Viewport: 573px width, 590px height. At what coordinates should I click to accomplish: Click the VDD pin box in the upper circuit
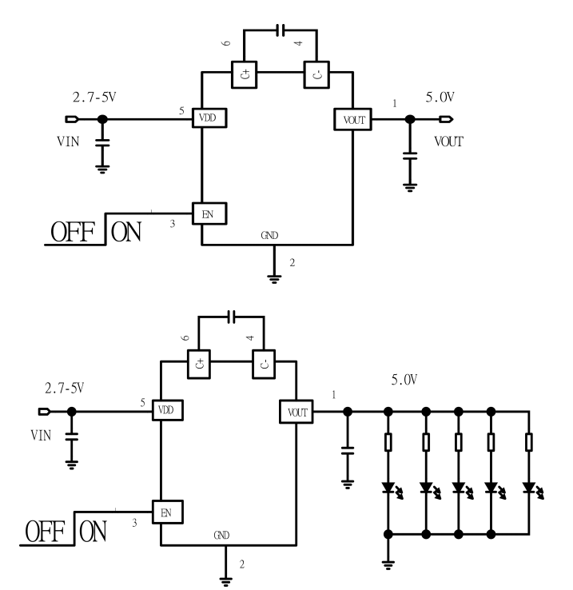208,119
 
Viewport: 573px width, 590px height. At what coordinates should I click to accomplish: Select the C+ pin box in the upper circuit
243,76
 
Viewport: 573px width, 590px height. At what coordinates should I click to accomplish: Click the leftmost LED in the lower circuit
388,486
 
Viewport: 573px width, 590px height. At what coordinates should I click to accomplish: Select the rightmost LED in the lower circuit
528,486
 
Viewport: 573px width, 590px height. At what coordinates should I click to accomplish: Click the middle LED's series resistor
459,441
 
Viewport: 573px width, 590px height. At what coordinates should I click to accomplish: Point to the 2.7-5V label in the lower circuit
64,389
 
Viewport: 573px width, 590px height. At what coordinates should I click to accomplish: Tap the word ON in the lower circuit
94,532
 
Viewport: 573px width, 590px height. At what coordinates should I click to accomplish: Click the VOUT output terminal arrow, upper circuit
446,119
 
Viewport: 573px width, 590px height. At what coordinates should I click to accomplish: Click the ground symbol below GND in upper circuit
274,277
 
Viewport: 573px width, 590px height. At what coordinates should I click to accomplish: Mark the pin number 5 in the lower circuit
142,402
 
